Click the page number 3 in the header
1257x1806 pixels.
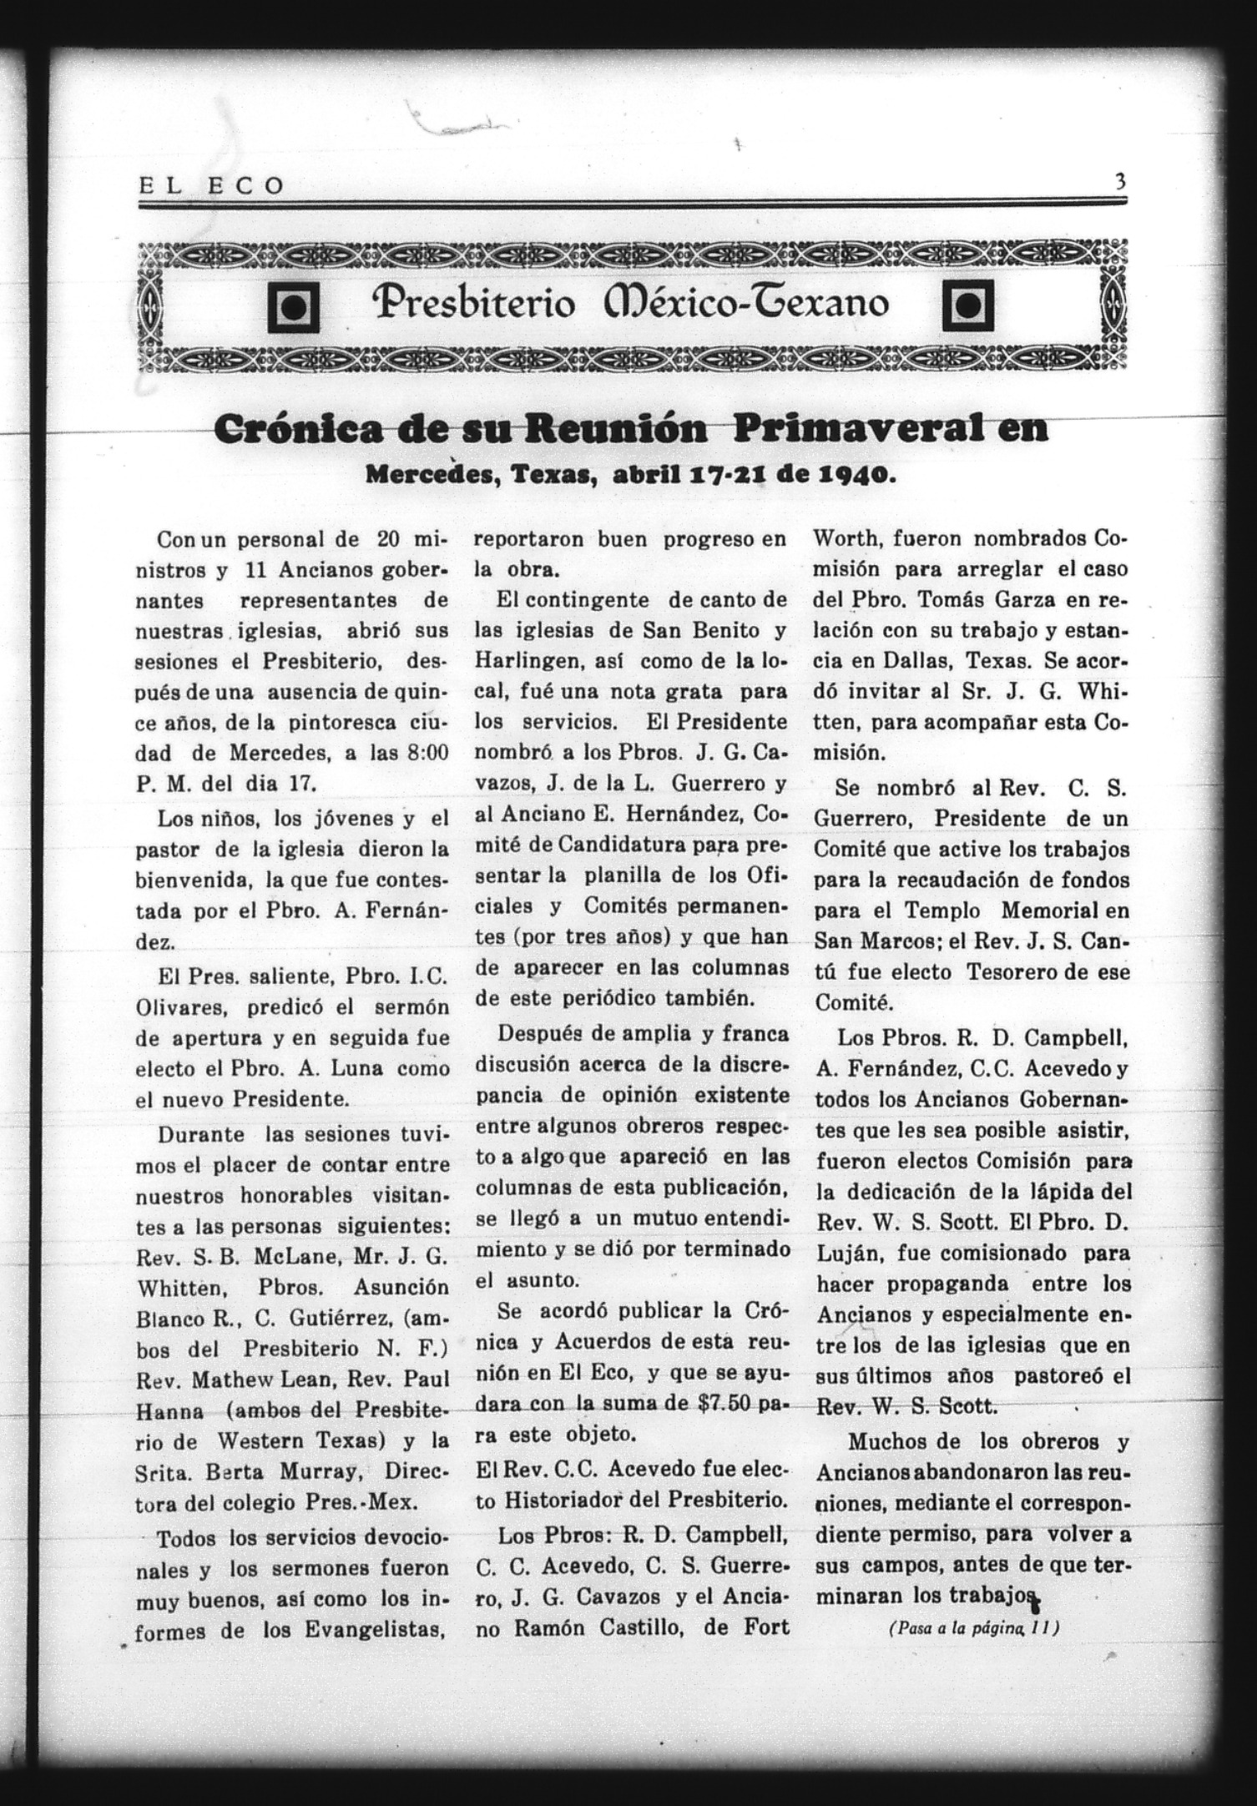[1119, 182]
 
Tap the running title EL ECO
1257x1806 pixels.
[211, 185]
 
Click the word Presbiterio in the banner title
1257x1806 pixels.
[472, 304]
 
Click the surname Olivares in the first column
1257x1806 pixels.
[182, 1007]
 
